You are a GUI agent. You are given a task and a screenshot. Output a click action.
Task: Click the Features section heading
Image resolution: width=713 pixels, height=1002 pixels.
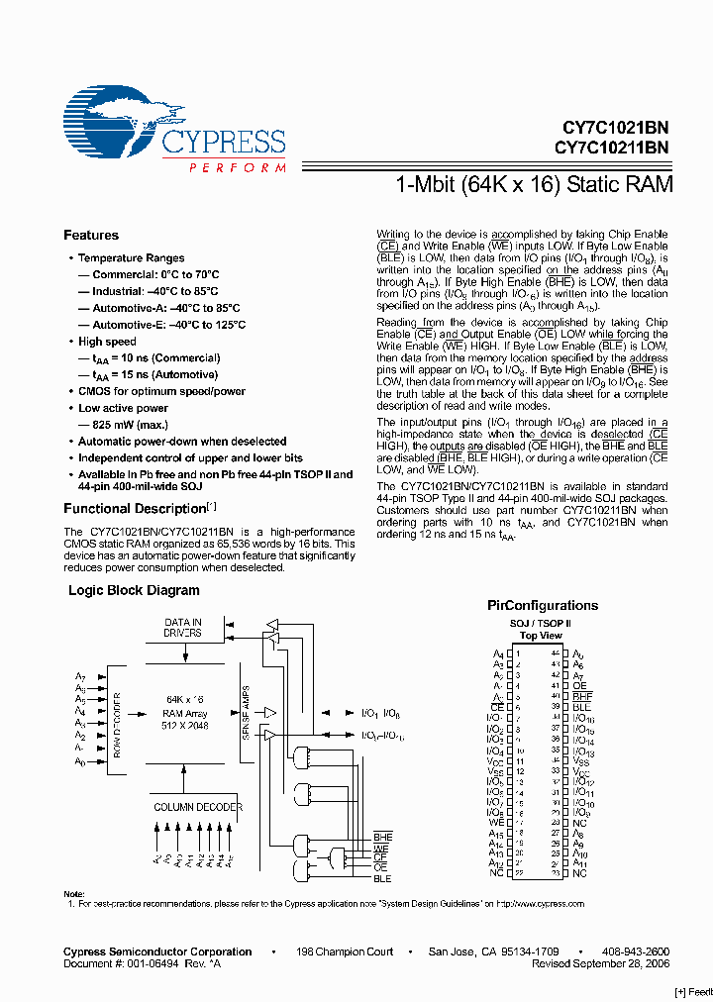(x=91, y=235)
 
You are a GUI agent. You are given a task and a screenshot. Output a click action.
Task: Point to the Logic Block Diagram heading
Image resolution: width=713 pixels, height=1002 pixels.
(x=134, y=590)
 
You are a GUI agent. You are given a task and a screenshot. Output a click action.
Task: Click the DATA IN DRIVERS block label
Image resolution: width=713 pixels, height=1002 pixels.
(x=183, y=627)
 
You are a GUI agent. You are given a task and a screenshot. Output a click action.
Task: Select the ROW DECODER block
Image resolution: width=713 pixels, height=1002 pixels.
(x=115, y=720)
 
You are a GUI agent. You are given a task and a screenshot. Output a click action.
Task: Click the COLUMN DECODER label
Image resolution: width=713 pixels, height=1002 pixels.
(x=197, y=807)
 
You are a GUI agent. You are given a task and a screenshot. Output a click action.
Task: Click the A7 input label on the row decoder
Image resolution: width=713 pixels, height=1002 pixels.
(x=80, y=675)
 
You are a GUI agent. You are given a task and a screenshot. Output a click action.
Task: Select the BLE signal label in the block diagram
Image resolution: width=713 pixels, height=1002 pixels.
(x=382, y=878)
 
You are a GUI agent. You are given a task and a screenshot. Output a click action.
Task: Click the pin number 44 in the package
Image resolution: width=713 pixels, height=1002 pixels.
(x=555, y=654)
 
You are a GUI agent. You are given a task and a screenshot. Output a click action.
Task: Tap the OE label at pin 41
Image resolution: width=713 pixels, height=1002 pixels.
(x=579, y=686)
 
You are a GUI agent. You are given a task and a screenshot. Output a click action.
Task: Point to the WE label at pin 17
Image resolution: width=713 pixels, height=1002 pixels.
(x=496, y=822)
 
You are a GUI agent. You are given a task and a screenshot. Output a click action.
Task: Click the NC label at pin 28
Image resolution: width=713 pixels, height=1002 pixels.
(x=579, y=823)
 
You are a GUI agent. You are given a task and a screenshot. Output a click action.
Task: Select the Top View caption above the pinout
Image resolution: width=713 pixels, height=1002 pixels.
(x=541, y=636)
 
